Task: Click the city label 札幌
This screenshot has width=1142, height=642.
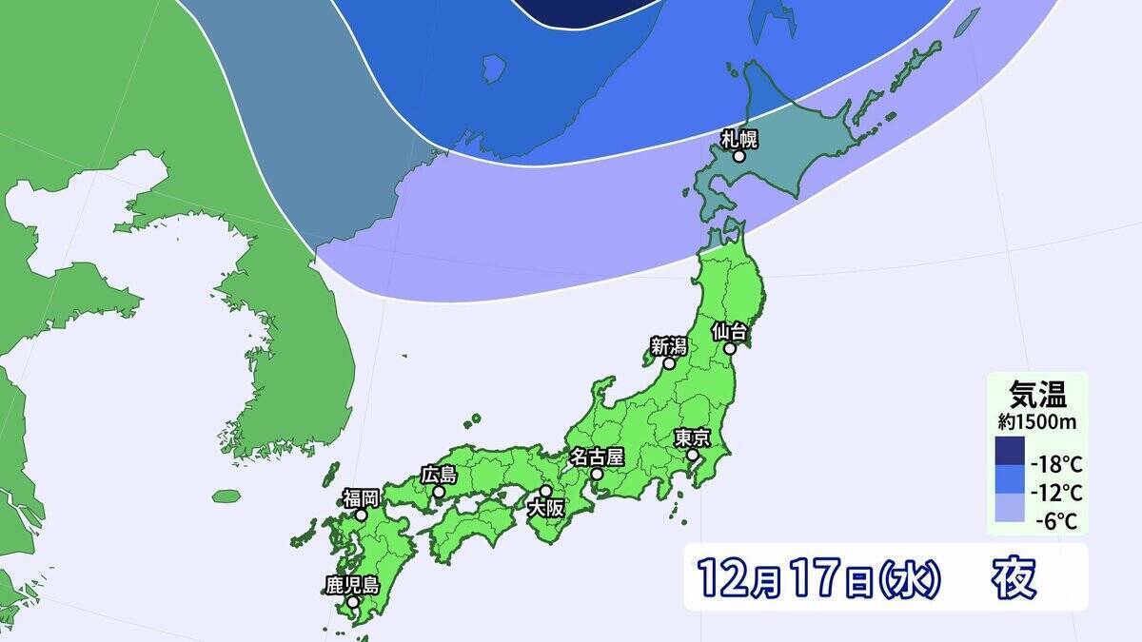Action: tap(738, 140)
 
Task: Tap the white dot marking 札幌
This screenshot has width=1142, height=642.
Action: tap(738, 157)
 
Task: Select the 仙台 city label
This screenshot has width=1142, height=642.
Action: tap(733, 332)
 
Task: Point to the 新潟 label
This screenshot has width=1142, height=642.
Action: tap(669, 347)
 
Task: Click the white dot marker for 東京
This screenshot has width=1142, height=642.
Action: tap(693, 456)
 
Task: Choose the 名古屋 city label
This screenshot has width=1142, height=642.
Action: tap(595, 457)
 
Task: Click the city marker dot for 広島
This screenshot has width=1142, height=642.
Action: tap(439, 492)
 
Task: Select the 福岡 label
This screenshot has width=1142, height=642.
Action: tap(362, 497)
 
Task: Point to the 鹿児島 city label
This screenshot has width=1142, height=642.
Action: tap(352, 585)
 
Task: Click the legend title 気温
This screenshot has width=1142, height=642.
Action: tap(1036, 392)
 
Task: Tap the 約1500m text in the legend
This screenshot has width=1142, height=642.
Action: tap(1036, 418)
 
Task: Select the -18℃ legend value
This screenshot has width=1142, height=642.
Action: tap(1056, 465)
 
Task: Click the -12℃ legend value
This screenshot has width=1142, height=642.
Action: tap(1056, 493)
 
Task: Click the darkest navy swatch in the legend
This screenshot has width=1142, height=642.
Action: tap(1010, 451)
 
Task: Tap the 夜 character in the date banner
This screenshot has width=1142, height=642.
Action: tap(1014, 576)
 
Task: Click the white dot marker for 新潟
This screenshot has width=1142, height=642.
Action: tap(669, 363)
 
